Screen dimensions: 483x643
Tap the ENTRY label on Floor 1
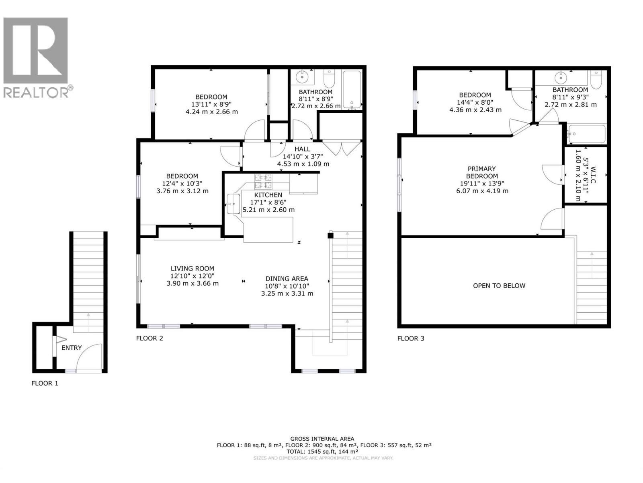pos(72,348)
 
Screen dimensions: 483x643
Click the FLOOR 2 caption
pos(149,338)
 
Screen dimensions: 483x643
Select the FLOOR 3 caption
pos(411,338)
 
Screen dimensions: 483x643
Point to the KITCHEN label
pos(268,195)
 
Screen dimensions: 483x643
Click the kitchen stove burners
pos(263,181)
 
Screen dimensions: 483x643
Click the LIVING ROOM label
pos(192,268)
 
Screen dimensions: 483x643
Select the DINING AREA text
pos(287,279)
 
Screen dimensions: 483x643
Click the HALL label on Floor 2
pos(302,149)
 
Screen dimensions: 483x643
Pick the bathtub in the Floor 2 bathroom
pos(352,89)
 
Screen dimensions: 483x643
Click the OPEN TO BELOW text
pos(499,285)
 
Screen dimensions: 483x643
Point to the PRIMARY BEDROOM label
pos(481,172)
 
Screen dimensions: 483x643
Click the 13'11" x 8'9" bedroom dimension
pos(211,104)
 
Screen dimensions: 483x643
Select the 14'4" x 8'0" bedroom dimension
pos(475,102)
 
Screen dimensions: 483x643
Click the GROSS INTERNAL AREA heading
pos(322,439)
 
